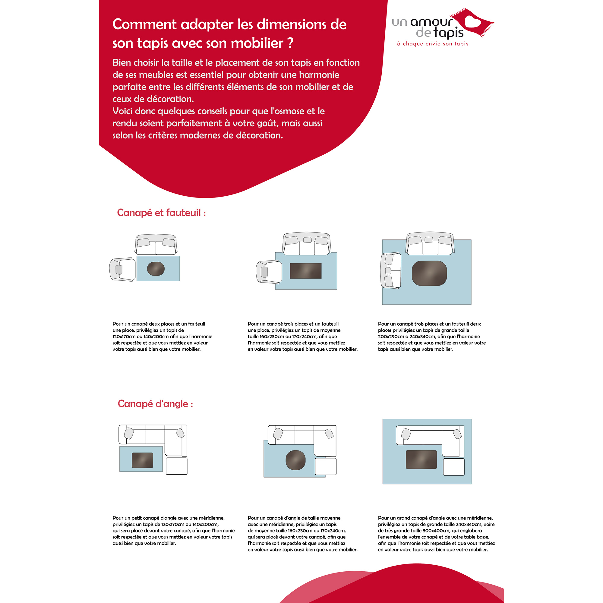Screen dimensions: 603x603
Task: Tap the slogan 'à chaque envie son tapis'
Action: click(433, 44)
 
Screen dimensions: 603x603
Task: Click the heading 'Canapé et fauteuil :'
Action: click(161, 213)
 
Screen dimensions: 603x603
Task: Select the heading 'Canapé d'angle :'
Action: click(155, 404)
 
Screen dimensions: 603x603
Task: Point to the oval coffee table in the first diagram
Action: click(156, 269)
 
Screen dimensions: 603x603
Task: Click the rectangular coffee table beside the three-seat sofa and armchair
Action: click(305, 271)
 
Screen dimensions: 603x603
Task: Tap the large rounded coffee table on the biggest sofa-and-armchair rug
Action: click(429, 273)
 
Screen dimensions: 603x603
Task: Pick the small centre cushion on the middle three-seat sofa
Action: click(307, 240)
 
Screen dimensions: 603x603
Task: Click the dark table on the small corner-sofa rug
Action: click(142, 460)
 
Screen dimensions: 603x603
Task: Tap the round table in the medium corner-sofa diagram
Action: click(295, 460)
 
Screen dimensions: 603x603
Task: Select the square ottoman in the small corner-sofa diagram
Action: click(177, 466)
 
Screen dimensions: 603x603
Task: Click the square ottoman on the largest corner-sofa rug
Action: click(453, 467)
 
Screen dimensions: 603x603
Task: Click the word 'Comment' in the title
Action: click(145, 25)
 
